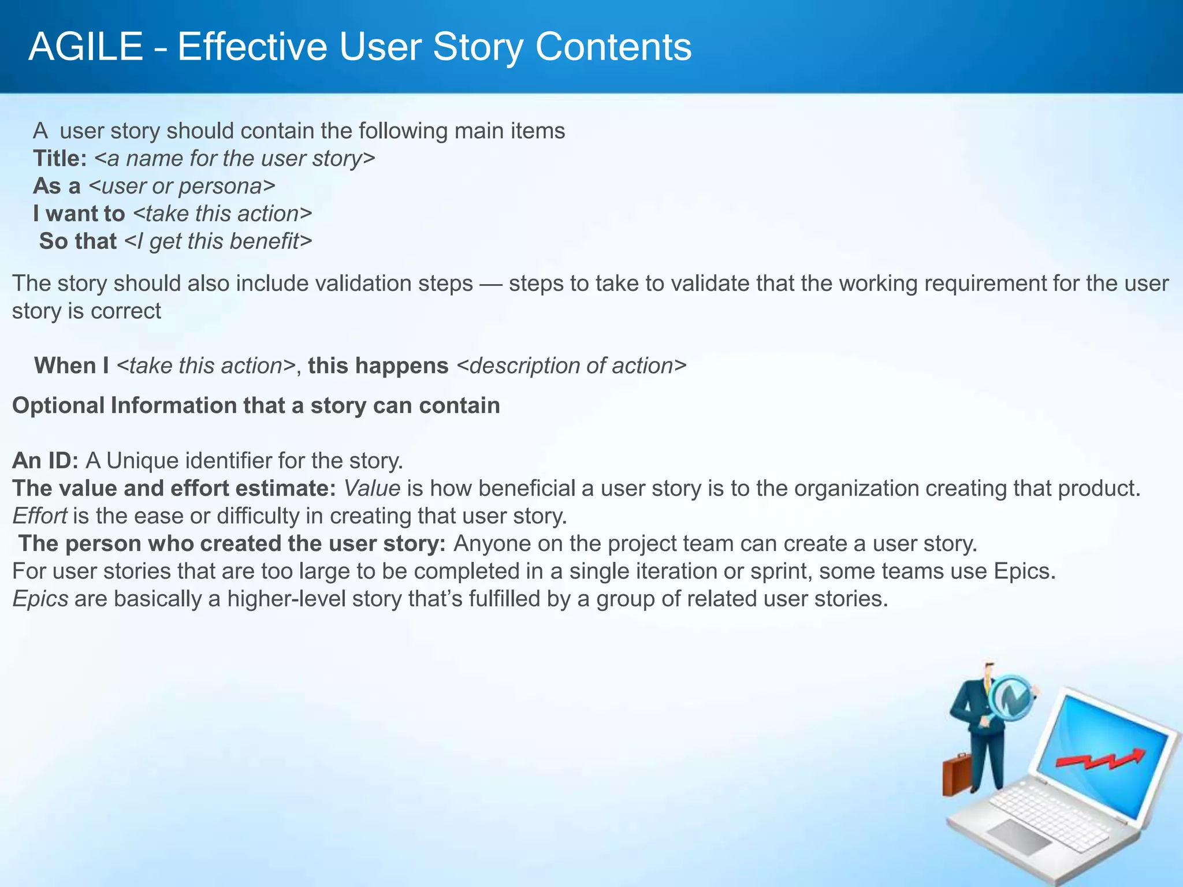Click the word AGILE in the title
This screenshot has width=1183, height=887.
[85, 47]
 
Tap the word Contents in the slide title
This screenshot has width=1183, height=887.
[613, 47]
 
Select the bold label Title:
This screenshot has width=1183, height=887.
[59, 158]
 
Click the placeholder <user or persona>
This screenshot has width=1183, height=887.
[182, 186]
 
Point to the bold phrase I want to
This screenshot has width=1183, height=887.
[79, 214]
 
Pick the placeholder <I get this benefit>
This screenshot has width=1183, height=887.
[218, 241]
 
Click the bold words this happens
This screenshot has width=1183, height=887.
[378, 366]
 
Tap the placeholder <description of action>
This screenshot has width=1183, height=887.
[571, 366]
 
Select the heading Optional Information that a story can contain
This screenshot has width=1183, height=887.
[256, 405]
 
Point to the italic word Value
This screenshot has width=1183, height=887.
[373, 488]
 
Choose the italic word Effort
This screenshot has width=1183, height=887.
[40, 516]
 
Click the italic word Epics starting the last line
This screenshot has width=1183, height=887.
[40, 598]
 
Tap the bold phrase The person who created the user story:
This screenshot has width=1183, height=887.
[232, 543]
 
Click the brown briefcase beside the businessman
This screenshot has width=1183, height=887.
[958, 774]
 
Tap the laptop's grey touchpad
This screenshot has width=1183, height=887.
[1020, 836]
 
